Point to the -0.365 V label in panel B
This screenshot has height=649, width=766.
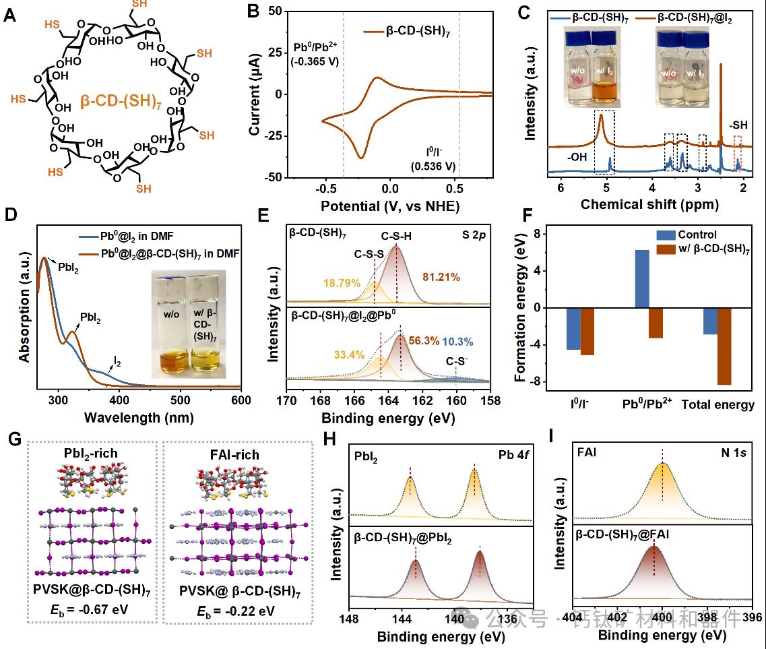pyautogui.click(x=315, y=62)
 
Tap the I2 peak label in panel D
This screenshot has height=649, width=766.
pyautogui.click(x=117, y=363)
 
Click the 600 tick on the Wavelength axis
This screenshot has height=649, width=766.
pyautogui.click(x=241, y=399)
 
